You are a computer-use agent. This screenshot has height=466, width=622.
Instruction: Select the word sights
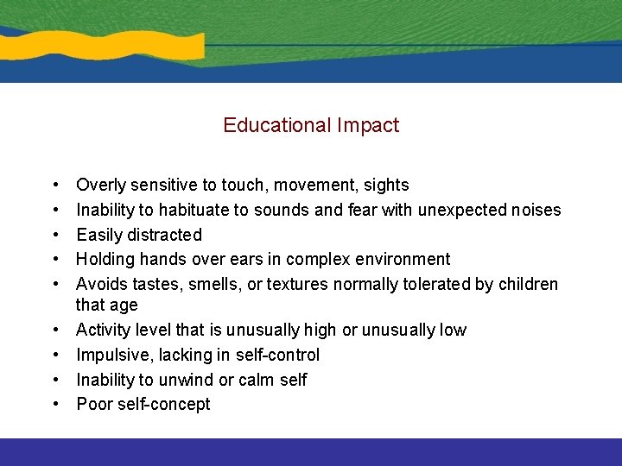tap(383, 185)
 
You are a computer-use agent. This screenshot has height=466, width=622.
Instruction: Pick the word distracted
tap(164, 235)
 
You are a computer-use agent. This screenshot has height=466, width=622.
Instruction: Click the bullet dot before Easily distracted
tap(54, 235)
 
